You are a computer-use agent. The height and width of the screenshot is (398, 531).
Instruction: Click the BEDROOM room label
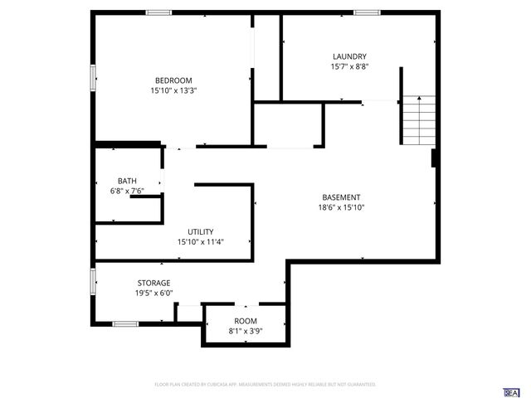(x=173, y=80)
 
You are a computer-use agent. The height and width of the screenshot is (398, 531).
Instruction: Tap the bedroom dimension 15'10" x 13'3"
(x=173, y=90)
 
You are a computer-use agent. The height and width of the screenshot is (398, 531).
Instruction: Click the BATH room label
(x=127, y=181)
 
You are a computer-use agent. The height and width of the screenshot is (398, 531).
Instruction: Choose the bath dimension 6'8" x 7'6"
(x=127, y=191)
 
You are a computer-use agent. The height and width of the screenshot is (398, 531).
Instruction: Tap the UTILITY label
(x=201, y=232)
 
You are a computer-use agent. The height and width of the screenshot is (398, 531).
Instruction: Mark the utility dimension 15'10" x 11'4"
(x=201, y=242)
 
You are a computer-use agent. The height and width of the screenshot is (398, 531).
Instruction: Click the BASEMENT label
(x=341, y=197)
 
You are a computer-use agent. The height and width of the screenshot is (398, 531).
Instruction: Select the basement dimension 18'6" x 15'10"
(x=341, y=207)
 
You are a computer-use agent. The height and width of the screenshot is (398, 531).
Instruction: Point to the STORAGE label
(x=153, y=283)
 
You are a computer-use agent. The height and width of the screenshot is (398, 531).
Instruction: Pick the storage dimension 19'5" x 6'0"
(x=153, y=293)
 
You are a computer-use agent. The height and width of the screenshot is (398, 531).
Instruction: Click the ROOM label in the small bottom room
(x=246, y=321)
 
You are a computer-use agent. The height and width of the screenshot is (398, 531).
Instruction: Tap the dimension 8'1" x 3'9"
(x=246, y=331)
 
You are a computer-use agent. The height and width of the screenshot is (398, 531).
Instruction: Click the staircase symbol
(x=419, y=120)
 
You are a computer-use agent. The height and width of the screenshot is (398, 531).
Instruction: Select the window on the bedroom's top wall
(x=158, y=12)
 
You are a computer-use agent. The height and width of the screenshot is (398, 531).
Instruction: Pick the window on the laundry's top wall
(x=367, y=12)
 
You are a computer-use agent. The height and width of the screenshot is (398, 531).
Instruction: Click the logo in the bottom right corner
(x=512, y=391)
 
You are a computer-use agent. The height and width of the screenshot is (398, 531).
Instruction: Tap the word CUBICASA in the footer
(x=222, y=385)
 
